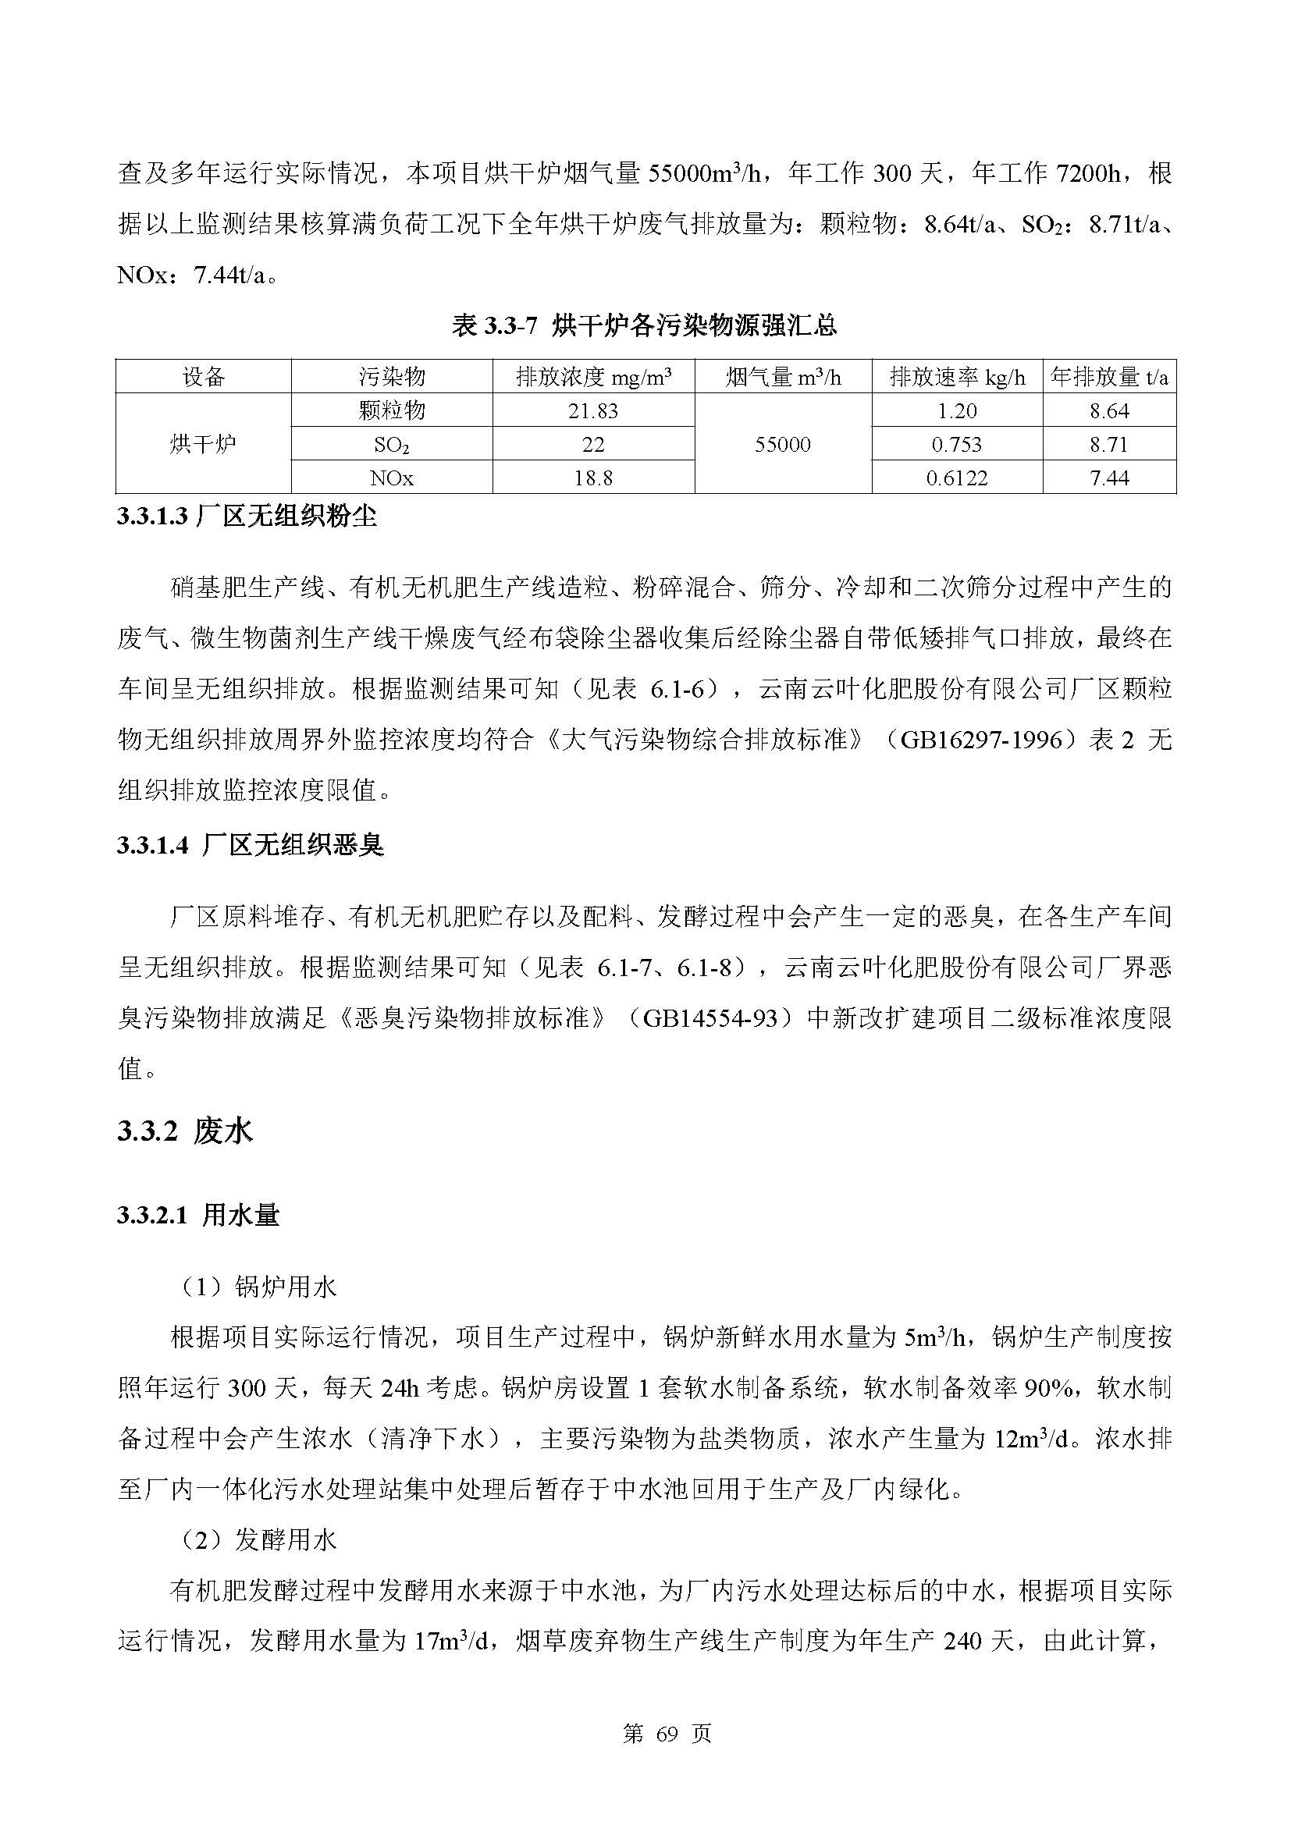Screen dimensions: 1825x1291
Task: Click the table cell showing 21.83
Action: pos(593,411)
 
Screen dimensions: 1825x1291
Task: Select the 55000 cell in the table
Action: pos(782,444)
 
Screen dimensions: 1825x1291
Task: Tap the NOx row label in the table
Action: pos(391,478)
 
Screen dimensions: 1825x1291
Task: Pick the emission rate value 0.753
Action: pos(956,444)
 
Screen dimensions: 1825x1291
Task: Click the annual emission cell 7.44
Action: pos(1109,478)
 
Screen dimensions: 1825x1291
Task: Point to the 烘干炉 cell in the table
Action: pos(203,444)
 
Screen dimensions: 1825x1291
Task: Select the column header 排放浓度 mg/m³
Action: pos(593,377)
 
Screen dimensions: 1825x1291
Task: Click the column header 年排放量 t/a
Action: pos(1109,377)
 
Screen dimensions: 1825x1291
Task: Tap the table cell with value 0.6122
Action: pos(956,478)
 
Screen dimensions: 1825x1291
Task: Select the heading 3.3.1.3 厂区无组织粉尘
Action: pos(247,517)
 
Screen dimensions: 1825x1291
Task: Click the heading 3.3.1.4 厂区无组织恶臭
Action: pos(251,845)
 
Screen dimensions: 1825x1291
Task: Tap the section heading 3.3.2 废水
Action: pos(184,1131)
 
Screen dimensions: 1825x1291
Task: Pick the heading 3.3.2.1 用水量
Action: pos(198,1216)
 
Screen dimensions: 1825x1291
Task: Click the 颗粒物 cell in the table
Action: pos(391,411)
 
